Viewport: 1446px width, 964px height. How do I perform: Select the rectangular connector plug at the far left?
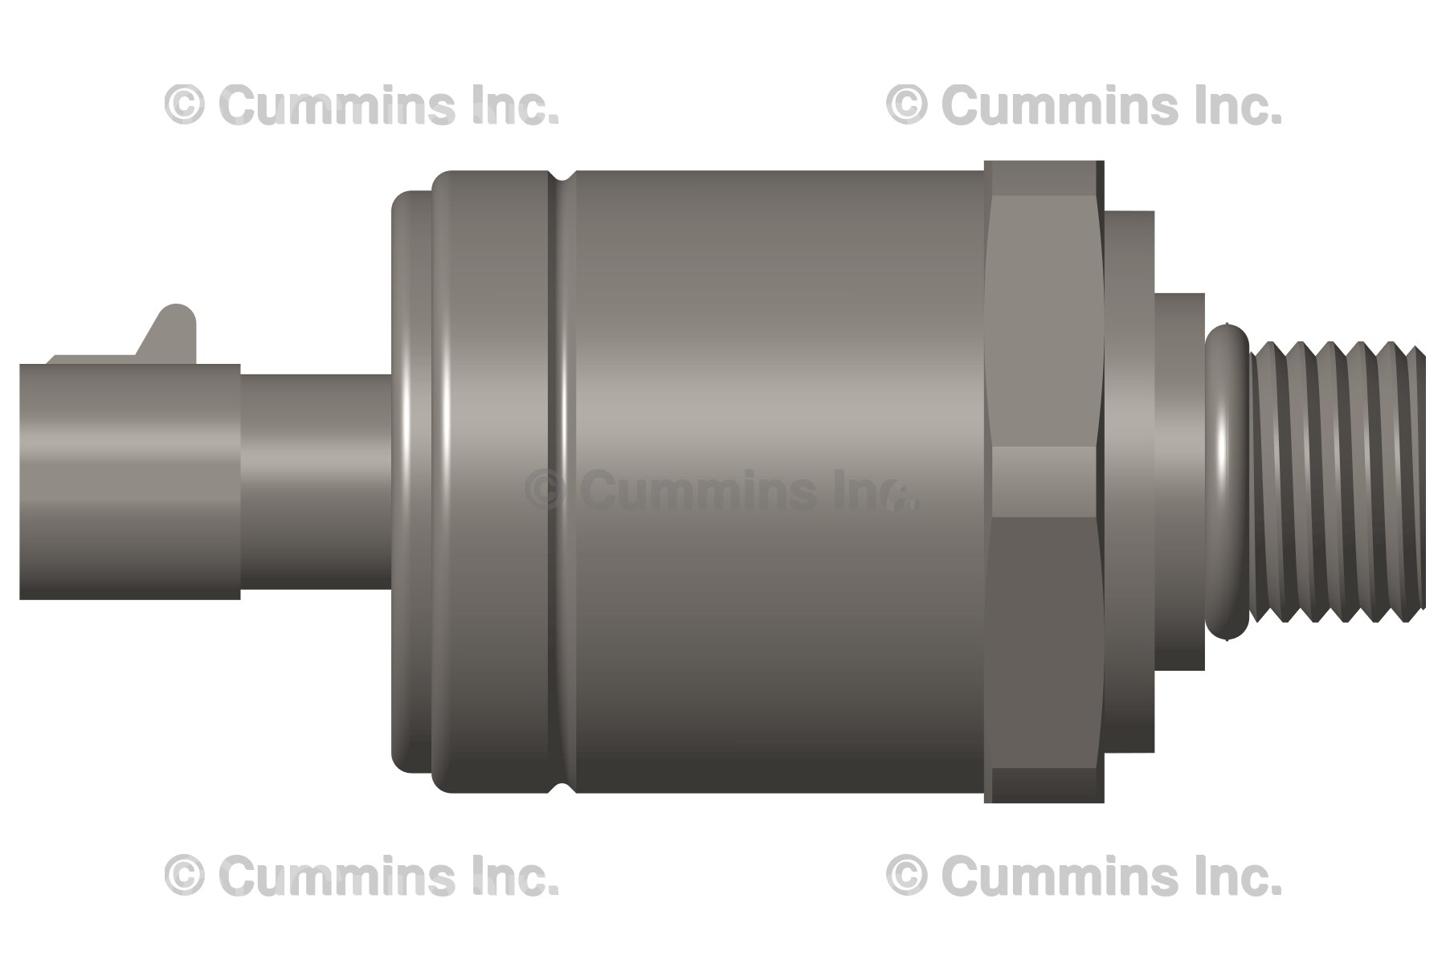pos(129,482)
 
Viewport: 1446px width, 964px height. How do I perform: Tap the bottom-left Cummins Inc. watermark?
pos(361,876)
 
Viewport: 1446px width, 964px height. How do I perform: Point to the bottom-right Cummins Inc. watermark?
pos(1084,876)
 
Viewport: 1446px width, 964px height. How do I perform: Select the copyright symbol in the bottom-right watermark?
pos(906,876)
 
